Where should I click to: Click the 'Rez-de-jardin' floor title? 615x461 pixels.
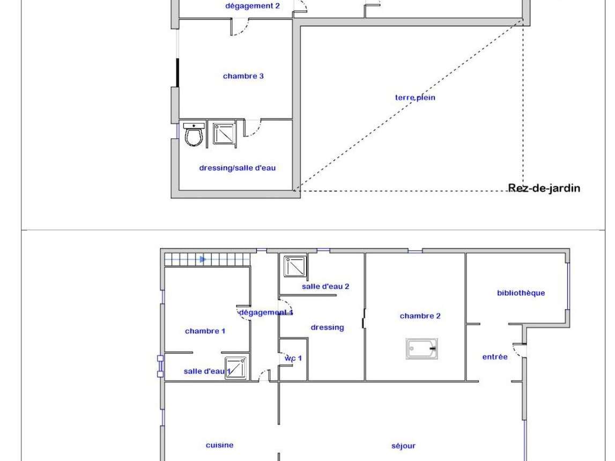coord(544,189)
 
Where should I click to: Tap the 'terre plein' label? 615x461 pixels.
coord(415,97)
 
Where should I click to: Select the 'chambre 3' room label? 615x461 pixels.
coord(243,76)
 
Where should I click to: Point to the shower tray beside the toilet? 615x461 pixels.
coord(224,133)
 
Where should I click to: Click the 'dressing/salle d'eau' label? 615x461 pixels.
coord(238,168)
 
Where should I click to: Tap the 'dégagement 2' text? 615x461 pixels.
coord(252,6)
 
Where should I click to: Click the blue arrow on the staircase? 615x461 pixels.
coord(203,259)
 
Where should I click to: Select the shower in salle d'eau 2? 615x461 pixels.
coord(295,266)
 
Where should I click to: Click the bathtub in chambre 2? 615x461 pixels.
coord(421,348)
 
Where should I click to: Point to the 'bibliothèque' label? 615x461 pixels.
coord(521,293)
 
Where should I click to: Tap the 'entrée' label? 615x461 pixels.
coord(495,356)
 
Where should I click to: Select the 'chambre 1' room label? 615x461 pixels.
coord(205,331)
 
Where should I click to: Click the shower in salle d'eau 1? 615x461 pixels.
coord(236,368)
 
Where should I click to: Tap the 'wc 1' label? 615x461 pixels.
coord(293,358)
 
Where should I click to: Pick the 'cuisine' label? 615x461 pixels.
coord(220,445)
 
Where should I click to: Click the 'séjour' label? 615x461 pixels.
coord(403,445)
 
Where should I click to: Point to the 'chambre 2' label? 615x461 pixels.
coord(420,316)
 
